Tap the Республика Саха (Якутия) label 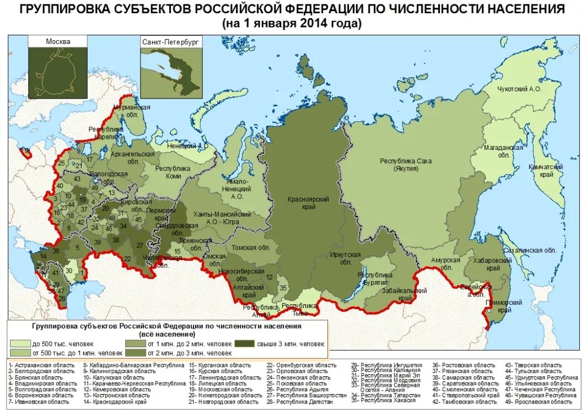(406, 164)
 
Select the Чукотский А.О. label (520, 89)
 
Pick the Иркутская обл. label (345, 258)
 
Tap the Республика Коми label (168, 172)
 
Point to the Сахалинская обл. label (536, 250)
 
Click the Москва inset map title (58, 41)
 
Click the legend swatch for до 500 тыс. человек (20, 344)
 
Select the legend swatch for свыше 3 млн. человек (245, 344)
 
